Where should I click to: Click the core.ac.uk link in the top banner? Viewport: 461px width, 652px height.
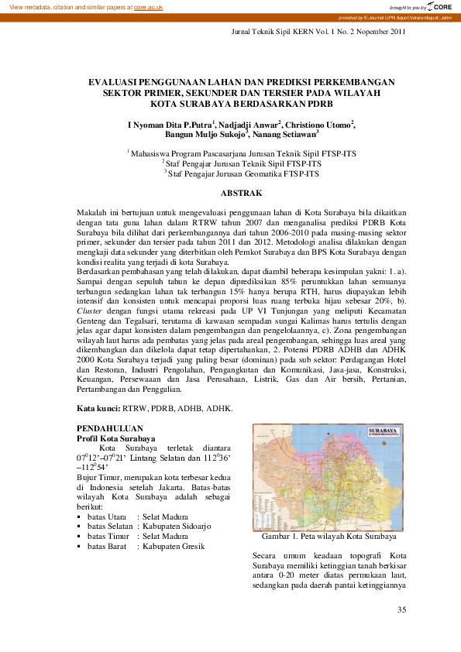tap(148, 6)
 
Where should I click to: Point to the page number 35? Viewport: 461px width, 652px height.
tap(401, 610)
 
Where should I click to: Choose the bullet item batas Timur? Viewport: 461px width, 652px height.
tap(108, 537)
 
